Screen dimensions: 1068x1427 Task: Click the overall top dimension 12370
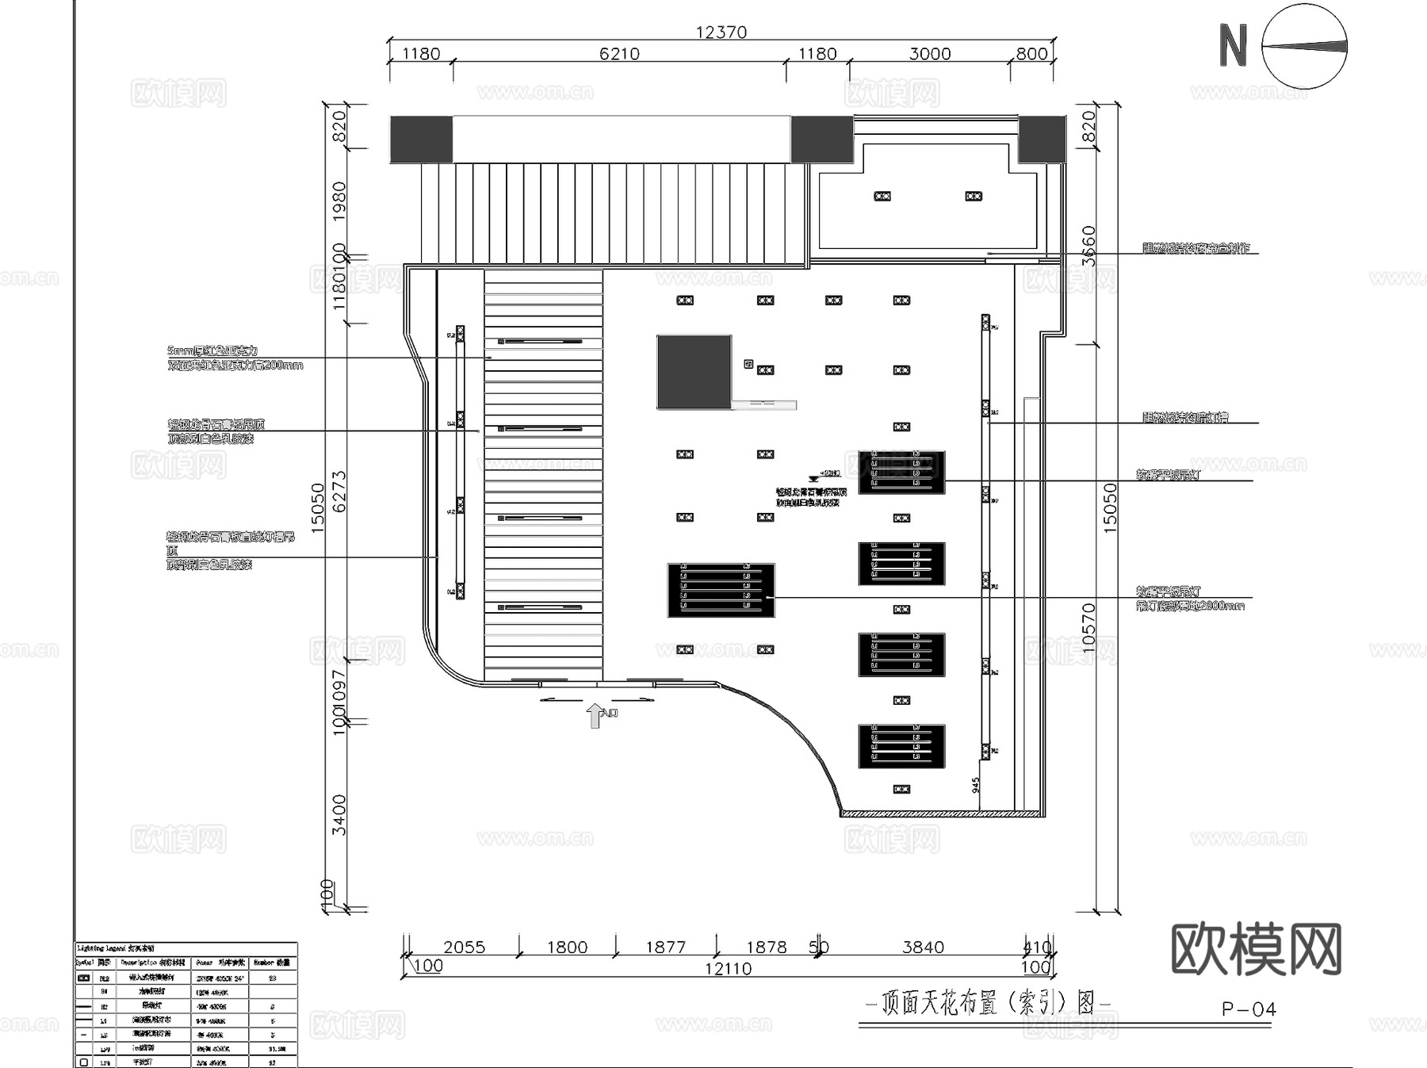[721, 32]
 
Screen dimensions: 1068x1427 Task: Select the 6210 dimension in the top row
[618, 53]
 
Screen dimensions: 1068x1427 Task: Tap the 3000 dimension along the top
[929, 53]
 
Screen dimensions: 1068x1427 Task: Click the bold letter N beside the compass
[1233, 45]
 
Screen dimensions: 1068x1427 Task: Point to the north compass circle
[1304, 46]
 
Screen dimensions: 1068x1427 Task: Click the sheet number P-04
[1249, 1009]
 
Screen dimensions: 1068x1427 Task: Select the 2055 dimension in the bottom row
[464, 947]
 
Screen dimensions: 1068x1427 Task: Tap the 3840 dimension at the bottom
[923, 947]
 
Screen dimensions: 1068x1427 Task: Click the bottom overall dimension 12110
[728, 968]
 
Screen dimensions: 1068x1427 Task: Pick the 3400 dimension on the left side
[339, 814]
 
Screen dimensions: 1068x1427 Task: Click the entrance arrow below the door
[595, 715]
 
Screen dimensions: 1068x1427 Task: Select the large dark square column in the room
[694, 372]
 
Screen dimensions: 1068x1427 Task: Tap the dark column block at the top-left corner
[421, 140]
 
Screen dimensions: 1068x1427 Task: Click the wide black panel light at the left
[721, 591]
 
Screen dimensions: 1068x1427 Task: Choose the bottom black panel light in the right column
[901, 746]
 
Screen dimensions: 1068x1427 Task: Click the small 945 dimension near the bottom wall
[976, 784]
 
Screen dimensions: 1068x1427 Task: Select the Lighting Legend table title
[117, 948]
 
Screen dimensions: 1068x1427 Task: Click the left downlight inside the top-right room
[882, 196]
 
